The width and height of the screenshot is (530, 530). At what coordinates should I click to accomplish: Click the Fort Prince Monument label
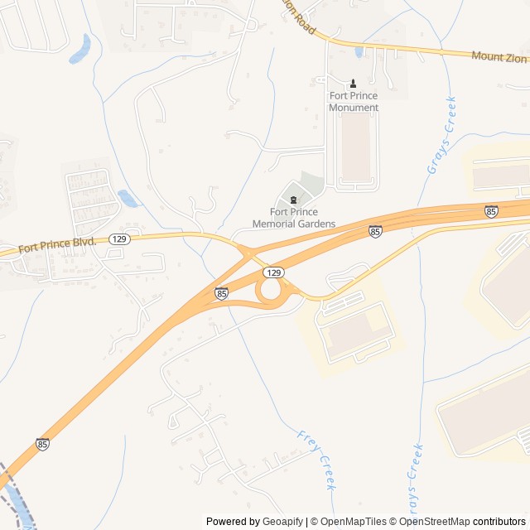(354, 102)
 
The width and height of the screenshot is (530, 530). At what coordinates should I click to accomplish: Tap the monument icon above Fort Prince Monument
(354, 83)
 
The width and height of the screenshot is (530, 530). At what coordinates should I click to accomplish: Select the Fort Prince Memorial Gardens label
(294, 218)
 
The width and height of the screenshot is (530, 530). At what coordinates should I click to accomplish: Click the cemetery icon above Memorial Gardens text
(293, 199)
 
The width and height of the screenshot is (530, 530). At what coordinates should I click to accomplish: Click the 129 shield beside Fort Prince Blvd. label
(119, 238)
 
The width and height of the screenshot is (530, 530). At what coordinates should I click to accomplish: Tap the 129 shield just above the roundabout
(274, 272)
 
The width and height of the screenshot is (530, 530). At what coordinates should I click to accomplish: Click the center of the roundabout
(270, 291)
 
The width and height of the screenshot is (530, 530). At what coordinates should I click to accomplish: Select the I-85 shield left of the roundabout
(221, 293)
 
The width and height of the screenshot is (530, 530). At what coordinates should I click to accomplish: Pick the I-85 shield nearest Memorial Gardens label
(375, 232)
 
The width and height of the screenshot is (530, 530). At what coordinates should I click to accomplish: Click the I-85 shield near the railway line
(42, 445)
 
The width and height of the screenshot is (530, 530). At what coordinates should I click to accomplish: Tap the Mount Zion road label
(499, 57)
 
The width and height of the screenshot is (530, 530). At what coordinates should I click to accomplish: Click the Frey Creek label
(316, 460)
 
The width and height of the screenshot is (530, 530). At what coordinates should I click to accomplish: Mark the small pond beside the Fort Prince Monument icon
(359, 52)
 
